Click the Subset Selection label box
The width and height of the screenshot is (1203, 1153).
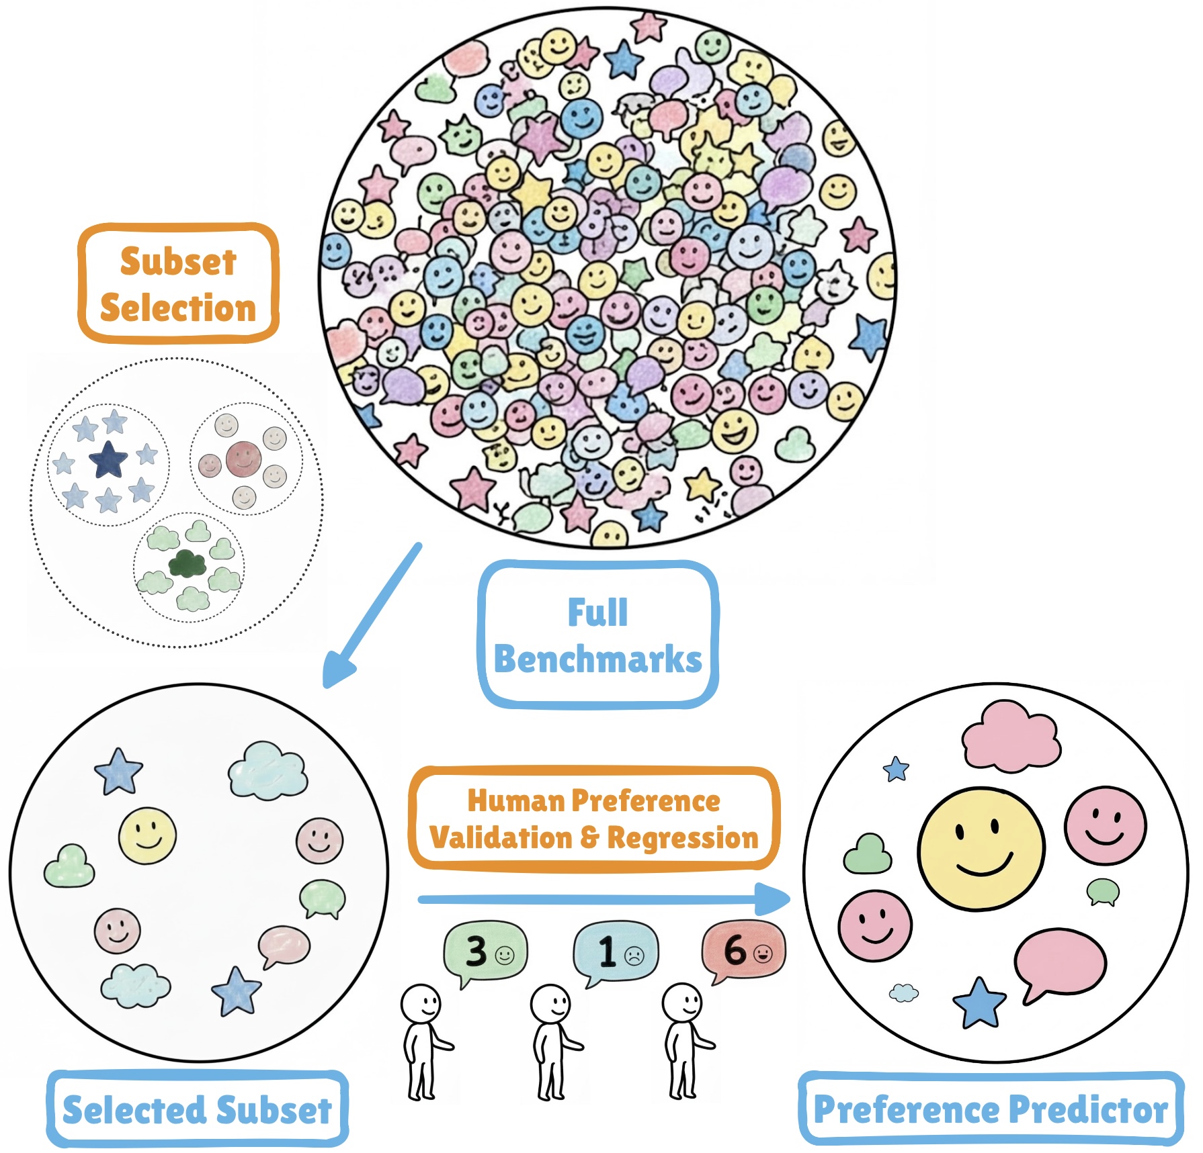178,283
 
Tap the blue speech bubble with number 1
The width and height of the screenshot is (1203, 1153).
616,950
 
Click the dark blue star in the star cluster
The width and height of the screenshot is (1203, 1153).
108,460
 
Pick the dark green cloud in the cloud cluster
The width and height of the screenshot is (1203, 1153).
187,563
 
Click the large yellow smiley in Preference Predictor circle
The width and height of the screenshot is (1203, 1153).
981,849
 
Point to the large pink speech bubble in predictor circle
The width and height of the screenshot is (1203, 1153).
1059,962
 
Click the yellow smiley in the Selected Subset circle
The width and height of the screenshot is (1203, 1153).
147,835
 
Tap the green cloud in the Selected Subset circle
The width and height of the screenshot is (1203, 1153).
69,866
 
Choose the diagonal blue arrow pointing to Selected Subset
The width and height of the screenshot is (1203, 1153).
373,614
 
